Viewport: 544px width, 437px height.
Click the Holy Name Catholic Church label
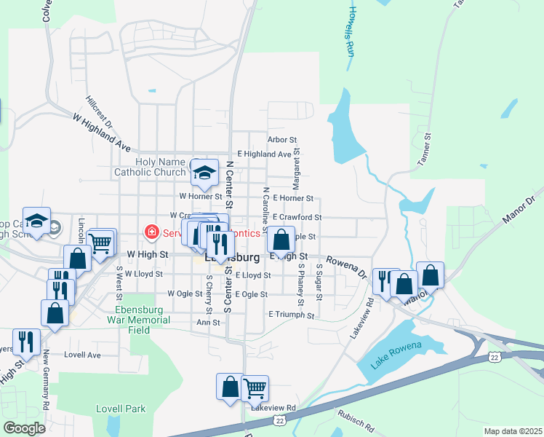click(x=151, y=167)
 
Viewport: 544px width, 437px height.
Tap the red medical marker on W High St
click(x=152, y=233)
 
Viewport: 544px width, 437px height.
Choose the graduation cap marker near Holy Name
click(x=205, y=172)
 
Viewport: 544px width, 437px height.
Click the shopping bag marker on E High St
click(x=281, y=239)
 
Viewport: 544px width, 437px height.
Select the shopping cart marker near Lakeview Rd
click(x=255, y=388)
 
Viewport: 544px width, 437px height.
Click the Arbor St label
click(x=282, y=139)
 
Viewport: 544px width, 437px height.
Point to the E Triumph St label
click(x=291, y=315)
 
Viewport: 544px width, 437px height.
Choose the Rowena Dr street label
click(x=347, y=266)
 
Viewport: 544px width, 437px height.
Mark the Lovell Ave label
click(x=82, y=355)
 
